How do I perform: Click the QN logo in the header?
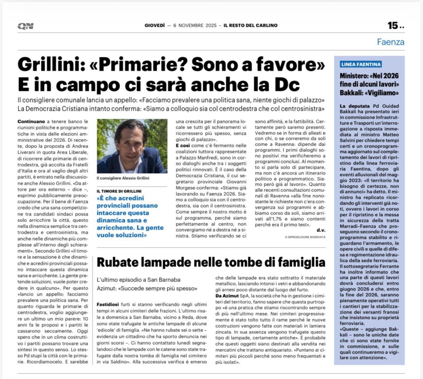[26, 26]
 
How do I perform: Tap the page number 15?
[392, 26]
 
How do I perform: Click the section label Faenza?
[390, 42]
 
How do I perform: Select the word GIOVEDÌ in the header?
[155, 26]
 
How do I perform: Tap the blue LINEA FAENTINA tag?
[361, 64]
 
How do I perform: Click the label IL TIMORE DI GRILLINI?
[119, 191]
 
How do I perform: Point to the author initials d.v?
[321, 230]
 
